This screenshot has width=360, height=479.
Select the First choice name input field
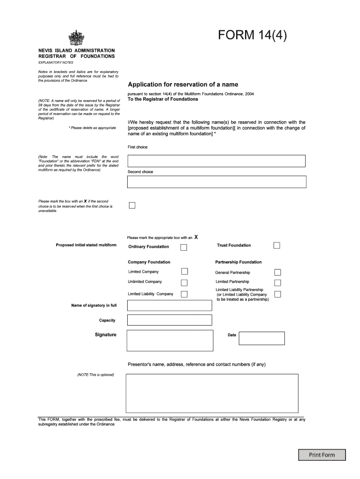(x=216, y=161)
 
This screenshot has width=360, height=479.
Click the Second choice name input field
(x=216, y=182)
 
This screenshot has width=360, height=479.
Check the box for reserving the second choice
(x=132, y=205)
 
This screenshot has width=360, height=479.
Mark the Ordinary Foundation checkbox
(x=184, y=247)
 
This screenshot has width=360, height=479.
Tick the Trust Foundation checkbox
(x=277, y=246)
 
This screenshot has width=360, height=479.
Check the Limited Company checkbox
(x=184, y=271)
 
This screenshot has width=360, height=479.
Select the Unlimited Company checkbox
(x=184, y=282)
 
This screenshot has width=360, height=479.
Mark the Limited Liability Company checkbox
(x=184, y=294)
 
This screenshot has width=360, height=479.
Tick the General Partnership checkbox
(x=277, y=272)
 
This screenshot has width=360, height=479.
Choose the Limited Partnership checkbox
(x=277, y=283)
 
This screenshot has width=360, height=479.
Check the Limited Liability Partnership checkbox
(x=277, y=294)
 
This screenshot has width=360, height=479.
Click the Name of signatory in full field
(x=169, y=305)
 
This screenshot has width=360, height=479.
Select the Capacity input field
(x=169, y=320)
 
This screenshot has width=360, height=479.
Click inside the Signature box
(x=169, y=340)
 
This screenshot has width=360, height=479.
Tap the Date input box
(x=261, y=338)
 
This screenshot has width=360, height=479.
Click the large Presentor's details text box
(x=212, y=393)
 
